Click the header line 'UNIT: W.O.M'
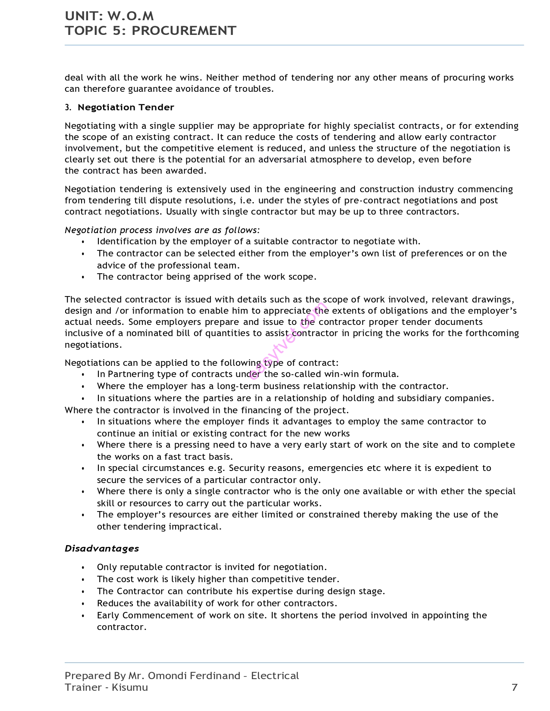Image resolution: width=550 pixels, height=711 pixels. [x=109, y=16]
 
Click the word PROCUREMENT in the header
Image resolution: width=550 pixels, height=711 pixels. [x=184, y=31]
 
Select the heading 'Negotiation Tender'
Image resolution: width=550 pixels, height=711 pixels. [x=126, y=107]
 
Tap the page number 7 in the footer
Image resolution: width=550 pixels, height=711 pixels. [x=514, y=687]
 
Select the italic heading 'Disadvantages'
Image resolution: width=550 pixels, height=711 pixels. [x=102, y=549]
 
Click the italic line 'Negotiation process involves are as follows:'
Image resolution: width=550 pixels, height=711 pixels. [x=162, y=230]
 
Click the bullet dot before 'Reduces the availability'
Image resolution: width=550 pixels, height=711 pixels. [x=83, y=604]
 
